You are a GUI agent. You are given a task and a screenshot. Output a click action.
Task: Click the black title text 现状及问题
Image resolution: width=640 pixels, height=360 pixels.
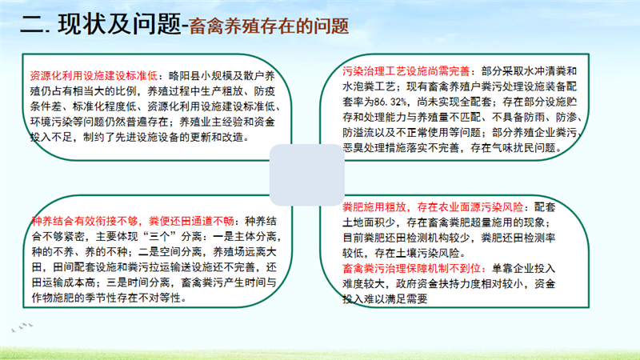(119, 24)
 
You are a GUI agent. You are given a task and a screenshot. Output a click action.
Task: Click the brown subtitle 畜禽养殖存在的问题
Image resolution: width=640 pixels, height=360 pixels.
(269, 26)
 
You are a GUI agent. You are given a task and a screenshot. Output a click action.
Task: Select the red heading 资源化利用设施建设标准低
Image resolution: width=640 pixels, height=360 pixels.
(94, 76)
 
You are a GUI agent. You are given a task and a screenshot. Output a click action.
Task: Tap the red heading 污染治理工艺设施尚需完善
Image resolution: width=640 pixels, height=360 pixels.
(406, 71)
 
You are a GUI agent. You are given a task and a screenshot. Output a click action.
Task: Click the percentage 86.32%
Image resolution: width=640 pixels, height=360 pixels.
(386, 102)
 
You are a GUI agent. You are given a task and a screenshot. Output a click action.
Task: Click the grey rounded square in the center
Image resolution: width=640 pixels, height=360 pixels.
(307, 174)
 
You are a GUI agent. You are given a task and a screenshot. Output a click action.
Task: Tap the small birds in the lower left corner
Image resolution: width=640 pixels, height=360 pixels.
(22, 327)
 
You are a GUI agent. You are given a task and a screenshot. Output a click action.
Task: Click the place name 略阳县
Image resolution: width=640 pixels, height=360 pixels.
(184, 76)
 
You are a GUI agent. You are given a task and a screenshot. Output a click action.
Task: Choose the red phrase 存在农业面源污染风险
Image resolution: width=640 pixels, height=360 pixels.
(470, 207)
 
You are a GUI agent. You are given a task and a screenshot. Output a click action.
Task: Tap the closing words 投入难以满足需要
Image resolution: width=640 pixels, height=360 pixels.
(385, 299)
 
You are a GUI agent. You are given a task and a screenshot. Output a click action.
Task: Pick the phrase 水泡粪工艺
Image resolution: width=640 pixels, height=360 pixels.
(369, 86)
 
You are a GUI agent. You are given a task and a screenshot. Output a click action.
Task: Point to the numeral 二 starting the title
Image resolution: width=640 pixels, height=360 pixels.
(31, 25)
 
